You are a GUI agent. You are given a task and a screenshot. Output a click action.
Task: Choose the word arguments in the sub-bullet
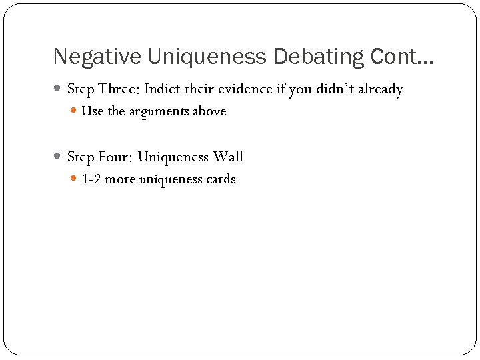[x=158, y=112]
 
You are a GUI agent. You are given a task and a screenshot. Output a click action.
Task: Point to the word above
[x=209, y=111]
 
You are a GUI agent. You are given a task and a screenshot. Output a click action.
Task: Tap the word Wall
[x=228, y=157]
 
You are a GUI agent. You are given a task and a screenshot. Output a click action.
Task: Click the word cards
[x=219, y=179]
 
